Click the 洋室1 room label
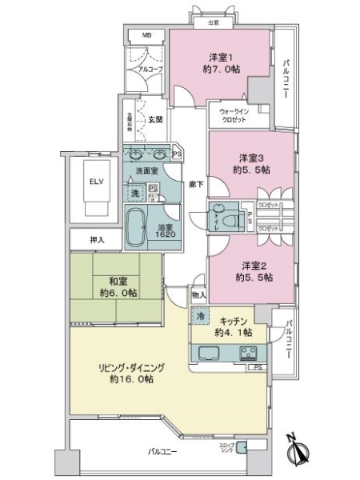point(221,58)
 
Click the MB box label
point(146,36)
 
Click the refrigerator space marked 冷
point(200,316)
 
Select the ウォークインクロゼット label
point(233,115)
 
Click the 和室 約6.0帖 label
point(107,286)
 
